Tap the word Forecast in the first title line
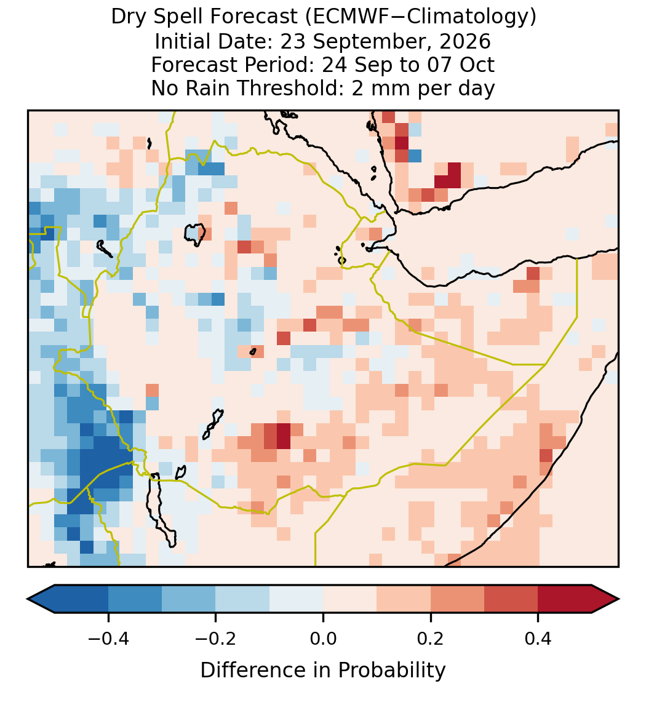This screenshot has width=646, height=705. [x=253, y=17]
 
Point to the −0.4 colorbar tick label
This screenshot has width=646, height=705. [x=108, y=638]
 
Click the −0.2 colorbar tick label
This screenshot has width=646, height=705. [x=216, y=638]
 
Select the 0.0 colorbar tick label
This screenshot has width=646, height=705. [x=323, y=638]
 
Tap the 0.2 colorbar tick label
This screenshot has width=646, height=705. [x=431, y=638]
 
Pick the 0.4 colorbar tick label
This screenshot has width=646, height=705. [x=538, y=638]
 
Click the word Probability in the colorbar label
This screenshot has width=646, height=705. [x=391, y=671]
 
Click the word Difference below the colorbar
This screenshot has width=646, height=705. [x=253, y=670]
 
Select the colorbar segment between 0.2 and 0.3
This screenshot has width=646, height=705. [x=457, y=599]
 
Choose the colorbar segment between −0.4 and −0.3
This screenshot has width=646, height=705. [x=135, y=599]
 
